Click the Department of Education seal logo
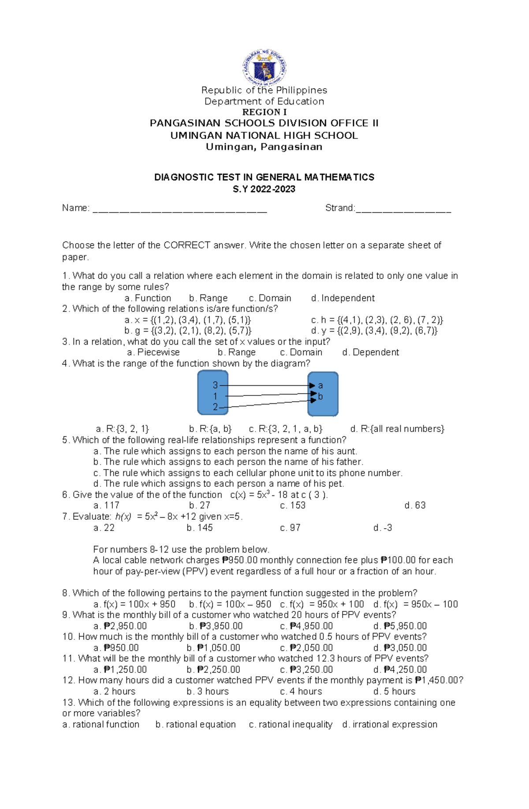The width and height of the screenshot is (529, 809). [264, 67]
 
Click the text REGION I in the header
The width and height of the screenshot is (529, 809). [264, 112]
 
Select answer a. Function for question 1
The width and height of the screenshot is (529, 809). [148, 298]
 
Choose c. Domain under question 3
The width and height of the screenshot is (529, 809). [301, 352]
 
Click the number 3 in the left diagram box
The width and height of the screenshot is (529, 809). [215, 385]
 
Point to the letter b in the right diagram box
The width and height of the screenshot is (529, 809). [320, 396]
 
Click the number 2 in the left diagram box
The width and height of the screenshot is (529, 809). [215, 407]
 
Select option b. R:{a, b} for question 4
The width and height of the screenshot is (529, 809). [210, 429]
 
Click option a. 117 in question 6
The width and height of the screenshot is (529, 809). [106, 505]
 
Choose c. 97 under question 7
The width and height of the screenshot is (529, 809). [290, 528]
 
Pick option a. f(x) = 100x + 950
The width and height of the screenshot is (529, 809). [134, 604]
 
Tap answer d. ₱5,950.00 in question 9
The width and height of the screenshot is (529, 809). [400, 626]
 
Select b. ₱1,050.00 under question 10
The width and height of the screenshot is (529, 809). [213, 648]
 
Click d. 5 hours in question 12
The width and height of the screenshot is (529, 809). [394, 691]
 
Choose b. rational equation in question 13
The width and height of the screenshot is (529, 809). [196, 724]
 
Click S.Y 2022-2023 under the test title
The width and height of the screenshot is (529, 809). [264, 189]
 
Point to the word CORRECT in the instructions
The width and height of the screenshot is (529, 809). [186, 245]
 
